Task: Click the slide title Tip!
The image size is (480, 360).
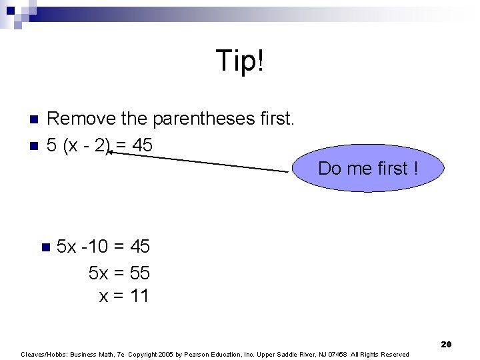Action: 240,61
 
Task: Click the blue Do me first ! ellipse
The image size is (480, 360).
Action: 368,168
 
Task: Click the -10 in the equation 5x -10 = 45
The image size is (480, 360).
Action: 95,247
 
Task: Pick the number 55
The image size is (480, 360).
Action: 138,272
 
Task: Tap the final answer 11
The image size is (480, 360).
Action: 138,296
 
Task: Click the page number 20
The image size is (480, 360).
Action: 446,344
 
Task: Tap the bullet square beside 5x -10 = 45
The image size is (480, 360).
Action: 45,247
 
